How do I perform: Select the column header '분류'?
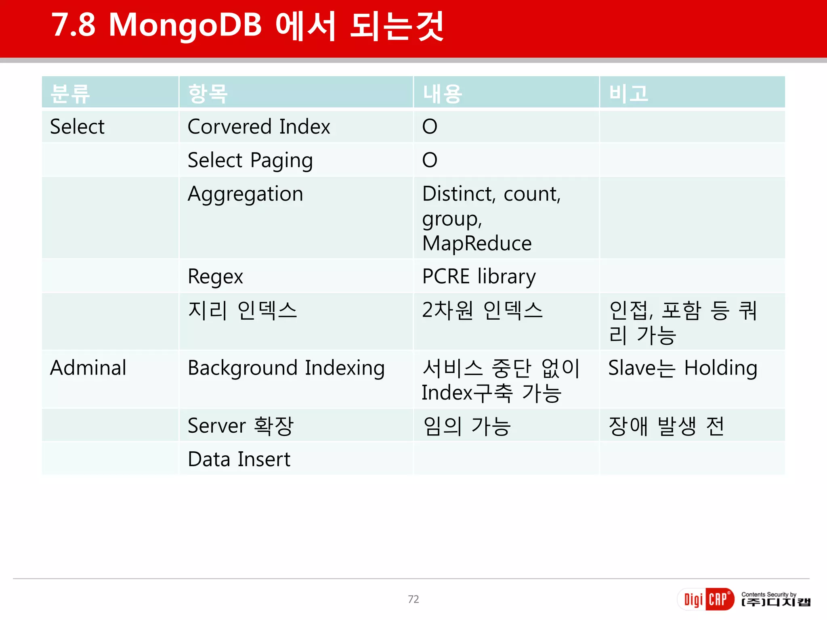click(70, 94)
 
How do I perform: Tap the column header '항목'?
click(208, 94)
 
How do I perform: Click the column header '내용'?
click(442, 94)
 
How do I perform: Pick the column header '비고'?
click(628, 94)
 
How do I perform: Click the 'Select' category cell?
click(77, 127)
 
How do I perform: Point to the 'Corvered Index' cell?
click(259, 127)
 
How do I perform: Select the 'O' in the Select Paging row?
click(430, 160)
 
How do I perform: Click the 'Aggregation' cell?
click(246, 194)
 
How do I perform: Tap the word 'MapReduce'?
click(477, 243)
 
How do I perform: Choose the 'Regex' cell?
click(215, 277)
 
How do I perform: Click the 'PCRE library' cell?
click(479, 277)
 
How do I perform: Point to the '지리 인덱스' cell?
click(242, 311)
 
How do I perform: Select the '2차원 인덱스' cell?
click(482, 311)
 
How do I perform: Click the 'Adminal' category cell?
click(88, 368)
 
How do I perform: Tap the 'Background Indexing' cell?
click(286, 368)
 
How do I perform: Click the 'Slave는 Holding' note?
click(682, 368)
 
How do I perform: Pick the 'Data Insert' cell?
click(239, 459)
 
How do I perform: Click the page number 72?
click(413, 599)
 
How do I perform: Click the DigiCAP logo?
click(705, 599)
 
